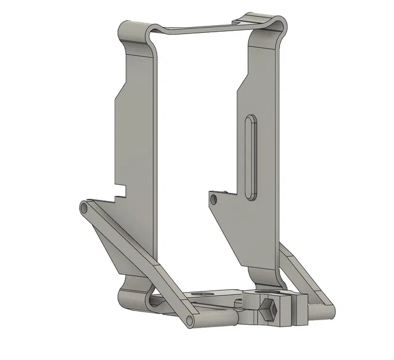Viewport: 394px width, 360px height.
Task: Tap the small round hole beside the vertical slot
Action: [x=214, y=199]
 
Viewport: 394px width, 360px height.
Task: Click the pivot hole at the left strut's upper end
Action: [x=84, y=207]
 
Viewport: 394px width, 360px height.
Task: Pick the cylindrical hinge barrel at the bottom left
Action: [x=132, y=300]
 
